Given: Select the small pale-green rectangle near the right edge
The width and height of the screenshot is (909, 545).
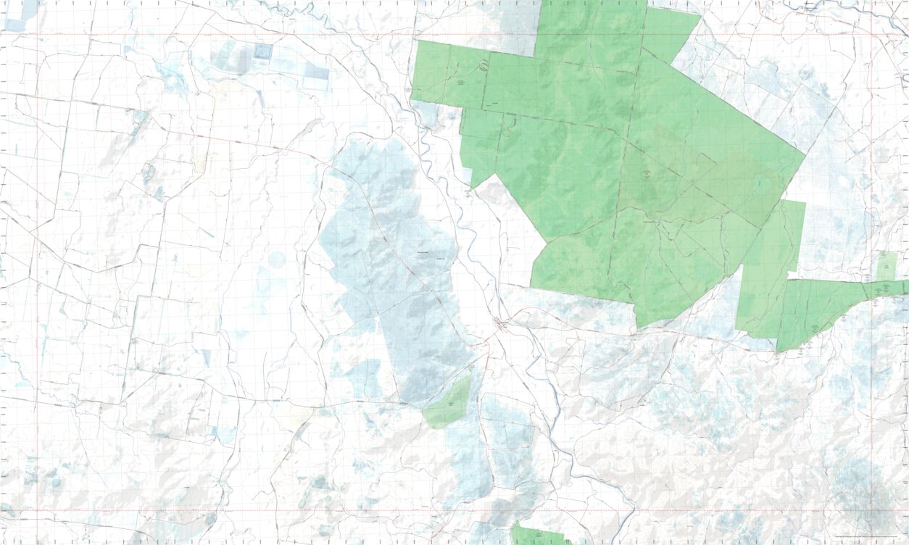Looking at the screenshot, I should [x=886, y=265].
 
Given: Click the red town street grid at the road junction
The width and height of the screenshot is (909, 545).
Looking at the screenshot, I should [x=500, y=323].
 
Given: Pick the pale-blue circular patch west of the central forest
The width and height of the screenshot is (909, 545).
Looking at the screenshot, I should [x=276, y=259].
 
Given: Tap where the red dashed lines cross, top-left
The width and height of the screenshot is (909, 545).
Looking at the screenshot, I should [x=38, y=34].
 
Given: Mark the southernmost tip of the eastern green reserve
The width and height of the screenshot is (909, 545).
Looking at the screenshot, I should [x=779, y=351].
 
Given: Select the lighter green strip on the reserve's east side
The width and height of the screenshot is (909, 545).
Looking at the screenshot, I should [x=772, y=268].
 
